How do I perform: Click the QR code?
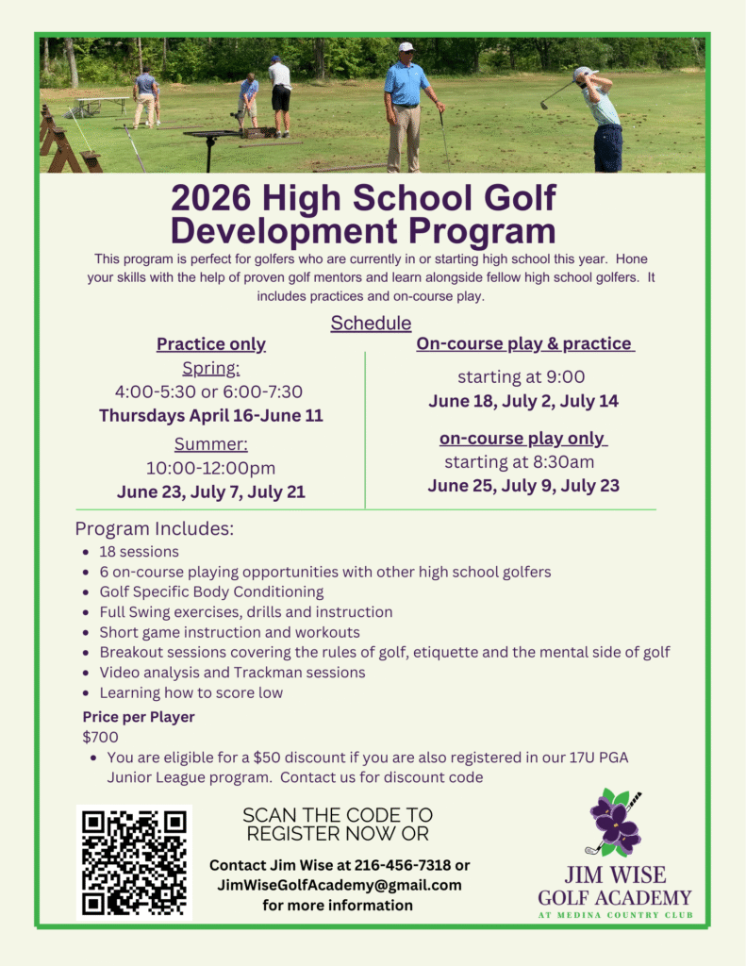[x=134, y=861]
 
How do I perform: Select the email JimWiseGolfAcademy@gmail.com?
[x=340, y=885]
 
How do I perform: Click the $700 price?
[x=101, y=737]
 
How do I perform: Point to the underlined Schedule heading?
[x=371, y=324]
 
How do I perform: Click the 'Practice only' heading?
[x=211, y=344]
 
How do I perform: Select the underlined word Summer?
[x=211, y=444]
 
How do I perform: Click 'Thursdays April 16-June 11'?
[x=211, y=415]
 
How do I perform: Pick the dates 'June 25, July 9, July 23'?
[x=523, y=486]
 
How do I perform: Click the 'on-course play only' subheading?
[x=523, y=439]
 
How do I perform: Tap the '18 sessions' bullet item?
[x=139, y=552]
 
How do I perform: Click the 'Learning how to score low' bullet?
[x=191, y=692]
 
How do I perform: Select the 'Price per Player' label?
[x=139, y=717]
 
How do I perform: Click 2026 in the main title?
[x=212, y=199]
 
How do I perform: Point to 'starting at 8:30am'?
[x=519, y=462]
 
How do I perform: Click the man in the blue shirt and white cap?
[x=406, y=104]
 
